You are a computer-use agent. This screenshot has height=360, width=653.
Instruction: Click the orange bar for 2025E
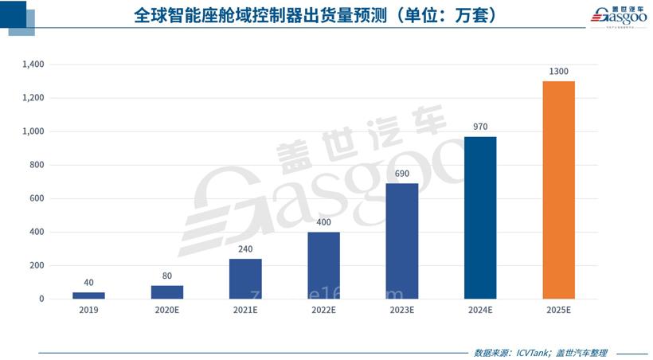coord(558,190)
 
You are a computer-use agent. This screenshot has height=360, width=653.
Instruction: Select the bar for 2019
coord(88,295)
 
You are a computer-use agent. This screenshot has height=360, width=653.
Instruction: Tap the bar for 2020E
coord(166,292)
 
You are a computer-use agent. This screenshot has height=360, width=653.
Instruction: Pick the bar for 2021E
coord(245,279)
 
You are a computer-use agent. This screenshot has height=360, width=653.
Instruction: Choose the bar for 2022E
coord(323,265)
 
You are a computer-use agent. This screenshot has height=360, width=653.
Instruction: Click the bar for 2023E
coord(401,241)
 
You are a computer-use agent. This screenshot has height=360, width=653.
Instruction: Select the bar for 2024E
coord(479,217)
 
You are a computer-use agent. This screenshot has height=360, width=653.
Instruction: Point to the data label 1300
coord(558,72)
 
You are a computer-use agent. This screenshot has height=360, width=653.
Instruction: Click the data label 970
coord(479,127)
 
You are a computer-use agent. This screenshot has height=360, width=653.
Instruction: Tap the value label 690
coord(401,174)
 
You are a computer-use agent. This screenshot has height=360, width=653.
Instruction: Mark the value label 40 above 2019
coord(88,283)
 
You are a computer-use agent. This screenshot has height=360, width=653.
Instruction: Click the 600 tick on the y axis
coord(38,198)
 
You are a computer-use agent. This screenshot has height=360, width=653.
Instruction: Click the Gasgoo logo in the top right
coord(620,16)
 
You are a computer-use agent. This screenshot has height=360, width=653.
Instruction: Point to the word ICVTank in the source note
coord(530,352)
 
